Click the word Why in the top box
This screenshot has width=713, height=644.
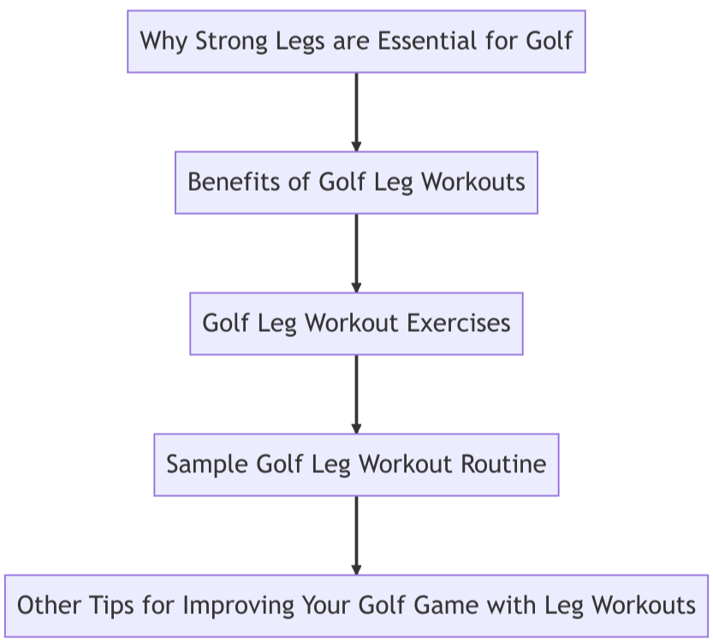pyautogui.click(x=163, y=41)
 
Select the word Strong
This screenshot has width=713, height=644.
pyautogui.click(x=231, y=41)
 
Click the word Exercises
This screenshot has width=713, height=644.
pyautogui.click(x=459, y=323)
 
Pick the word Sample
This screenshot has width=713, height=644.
pyautogui.click(x=207, y=465)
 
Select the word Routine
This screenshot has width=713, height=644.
pyautogui.click(x=504, y=464)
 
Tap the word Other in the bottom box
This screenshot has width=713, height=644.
pyautogui.click(x=49, y=606)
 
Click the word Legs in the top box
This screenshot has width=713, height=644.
pyautogui.click(x=300, y=41)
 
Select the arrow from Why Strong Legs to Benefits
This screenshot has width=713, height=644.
pyautogui.click(x=356, y=112)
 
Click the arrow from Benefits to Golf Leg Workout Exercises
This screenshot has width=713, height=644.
pyautogui.click(x=356, y=253)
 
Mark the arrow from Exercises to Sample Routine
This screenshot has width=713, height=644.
pyautogui.click(x=356, y=394)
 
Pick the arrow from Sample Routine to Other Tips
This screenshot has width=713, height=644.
pyautogui.click(x=356, y=535)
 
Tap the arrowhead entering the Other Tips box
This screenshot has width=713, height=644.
pyautogui.click(x=356, y=570)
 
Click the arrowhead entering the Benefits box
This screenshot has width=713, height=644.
pyautogui.click(x=356, y=146)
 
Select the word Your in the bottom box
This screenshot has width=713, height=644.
pyautogui.click(x=325, y=606)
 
